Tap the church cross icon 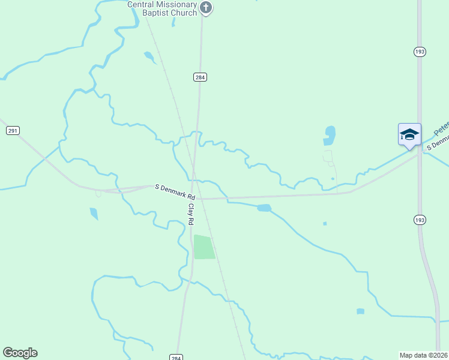206,8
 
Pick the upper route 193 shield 420,52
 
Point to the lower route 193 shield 420,220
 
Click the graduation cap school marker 409,134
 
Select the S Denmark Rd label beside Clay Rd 175,192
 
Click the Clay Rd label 191,214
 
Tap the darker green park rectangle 204,247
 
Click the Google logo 20,352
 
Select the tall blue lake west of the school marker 329,136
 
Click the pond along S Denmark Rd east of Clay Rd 264,208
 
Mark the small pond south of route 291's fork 94,214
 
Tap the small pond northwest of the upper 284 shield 149,57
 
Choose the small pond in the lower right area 360,311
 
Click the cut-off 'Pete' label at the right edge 442,127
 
